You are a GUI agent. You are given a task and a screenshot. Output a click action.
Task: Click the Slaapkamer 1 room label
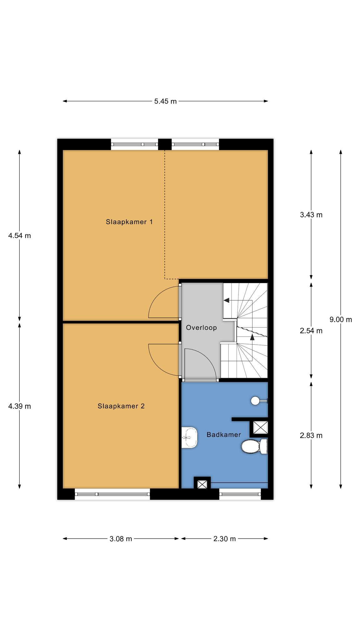click(129, 222)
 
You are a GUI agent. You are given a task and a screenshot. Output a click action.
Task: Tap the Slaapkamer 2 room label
click(121, 406)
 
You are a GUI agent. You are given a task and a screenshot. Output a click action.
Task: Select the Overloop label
click(201, 328)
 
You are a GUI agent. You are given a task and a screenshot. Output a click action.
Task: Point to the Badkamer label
click(224, 434)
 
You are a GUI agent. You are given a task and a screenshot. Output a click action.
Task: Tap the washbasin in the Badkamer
click(189, 437)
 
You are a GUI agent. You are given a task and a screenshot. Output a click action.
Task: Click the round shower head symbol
click(255, 401)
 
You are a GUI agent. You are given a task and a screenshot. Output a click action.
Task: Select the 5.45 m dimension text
click(165, 101)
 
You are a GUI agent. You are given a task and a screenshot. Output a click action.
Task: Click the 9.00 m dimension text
click(341, 319)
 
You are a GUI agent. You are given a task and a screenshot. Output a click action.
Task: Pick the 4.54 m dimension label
click(19, 236)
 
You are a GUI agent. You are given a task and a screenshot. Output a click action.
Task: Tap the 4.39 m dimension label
click(19, 406)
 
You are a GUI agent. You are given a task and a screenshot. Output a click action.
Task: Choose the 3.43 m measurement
click(311, 215)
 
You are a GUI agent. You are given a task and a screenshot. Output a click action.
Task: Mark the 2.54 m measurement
click(311, 331)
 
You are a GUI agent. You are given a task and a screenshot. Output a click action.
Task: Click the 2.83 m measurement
click(311, 435)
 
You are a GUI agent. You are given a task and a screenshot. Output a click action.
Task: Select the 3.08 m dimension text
click(121, 539)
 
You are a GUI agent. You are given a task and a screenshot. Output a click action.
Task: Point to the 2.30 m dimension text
click(224, 539)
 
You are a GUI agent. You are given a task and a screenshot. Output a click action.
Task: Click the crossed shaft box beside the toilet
click(260, 427)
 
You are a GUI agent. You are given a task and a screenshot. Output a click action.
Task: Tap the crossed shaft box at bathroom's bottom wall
click(202, 484)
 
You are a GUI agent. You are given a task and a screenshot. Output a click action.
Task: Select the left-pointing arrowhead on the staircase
click(227, 300)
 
